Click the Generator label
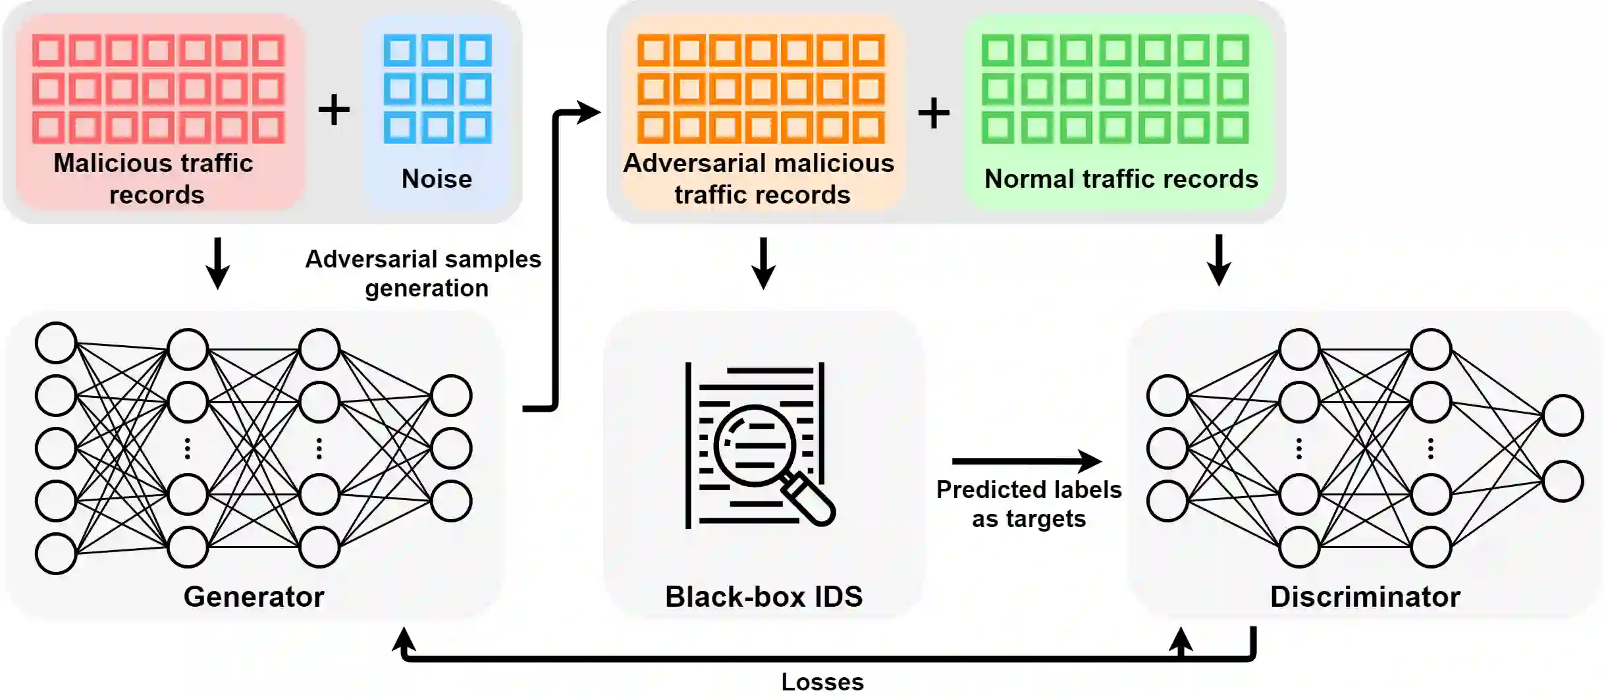tap(254, 597)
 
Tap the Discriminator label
tap(1364, 597)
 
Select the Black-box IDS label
tap(763, 597)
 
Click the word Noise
tap(437, 179)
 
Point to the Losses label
tap(822, 682)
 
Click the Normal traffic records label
tap(1121, 179)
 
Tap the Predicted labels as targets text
tap(1029, 504)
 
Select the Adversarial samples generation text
tap(423, 273)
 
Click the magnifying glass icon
tap(764, 455)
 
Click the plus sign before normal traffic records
tap(934, 113)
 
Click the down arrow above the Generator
tap(217, 264)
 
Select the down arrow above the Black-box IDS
tap(763, 264)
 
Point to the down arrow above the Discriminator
tap(1219, 261)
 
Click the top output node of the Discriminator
tap(1563, 415)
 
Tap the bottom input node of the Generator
tap(56, 553)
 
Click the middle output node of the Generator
tap(451, 448)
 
